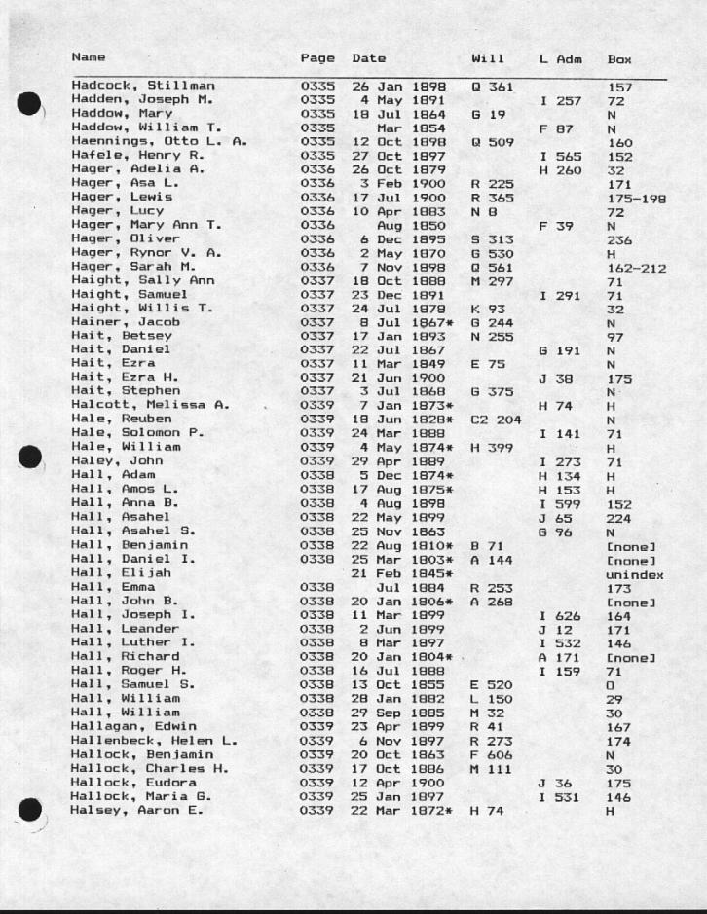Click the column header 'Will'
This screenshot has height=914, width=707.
(487, 58)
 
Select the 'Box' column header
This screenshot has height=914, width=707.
(619, 59)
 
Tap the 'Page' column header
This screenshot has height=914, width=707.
(317, 58)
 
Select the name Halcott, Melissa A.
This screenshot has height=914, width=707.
(149, 404)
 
